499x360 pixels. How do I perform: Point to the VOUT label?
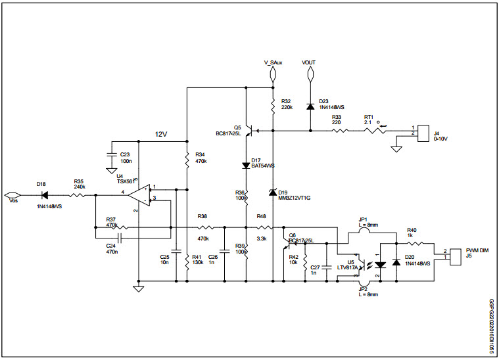click(309, 62)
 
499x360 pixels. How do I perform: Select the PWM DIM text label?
click(477, 250)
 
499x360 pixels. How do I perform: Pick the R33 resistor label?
click(337, 116)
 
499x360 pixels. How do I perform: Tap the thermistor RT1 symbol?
click(373, 131)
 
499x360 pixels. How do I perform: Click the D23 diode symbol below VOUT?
click(310, 106)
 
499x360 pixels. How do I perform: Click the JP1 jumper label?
click(363, 220)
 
